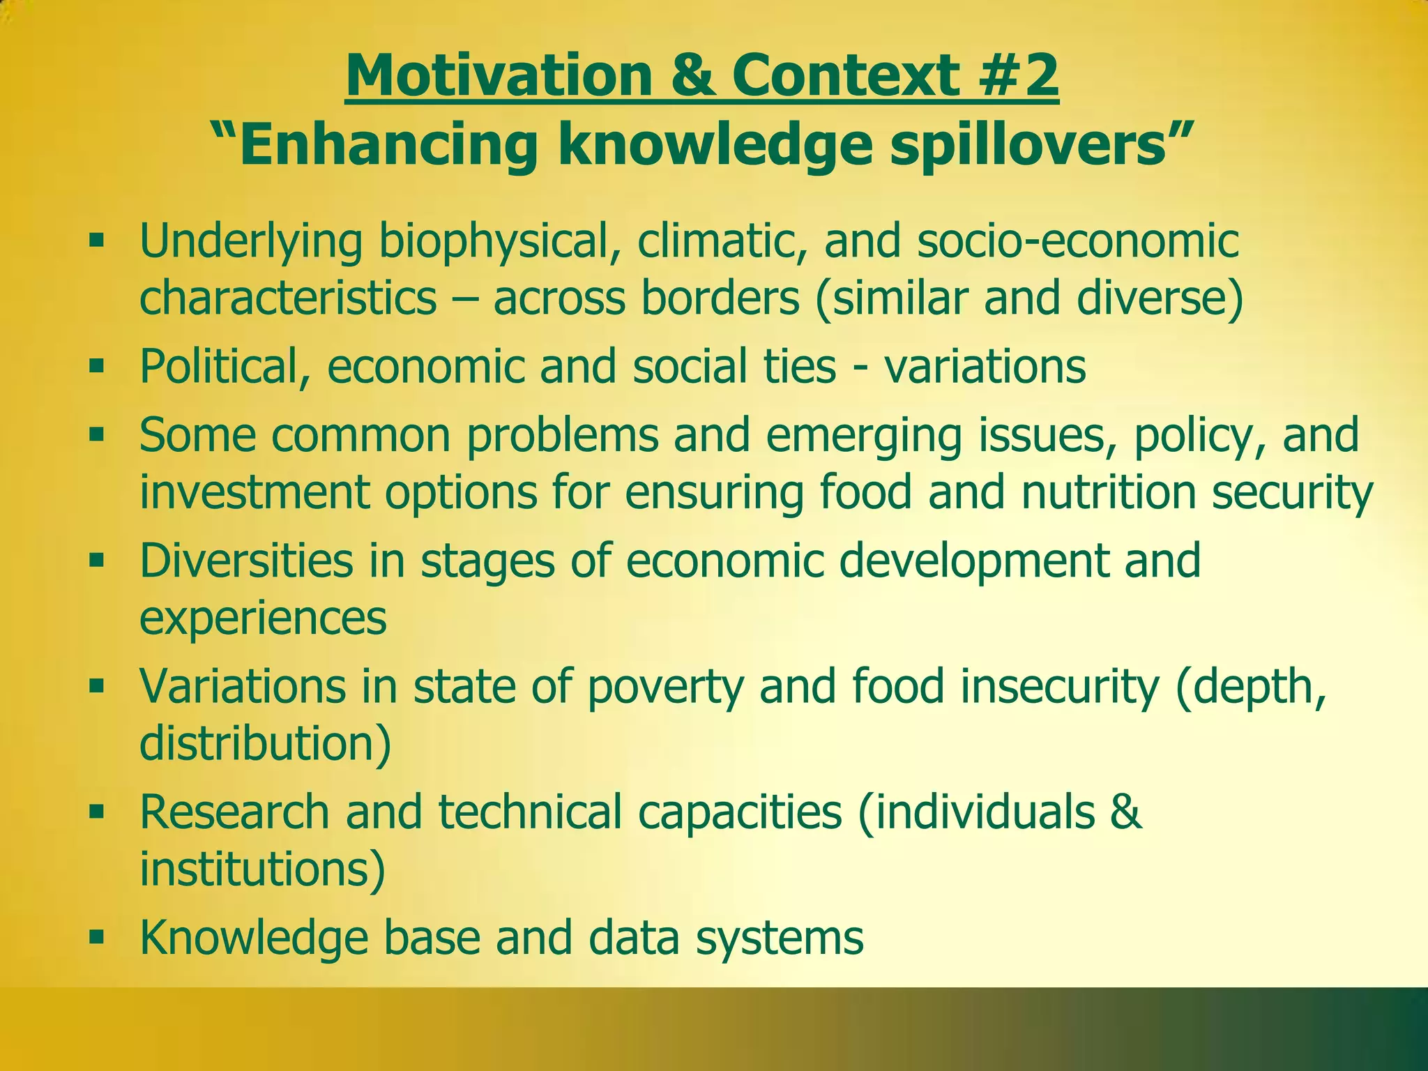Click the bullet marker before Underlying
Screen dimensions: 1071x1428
96,242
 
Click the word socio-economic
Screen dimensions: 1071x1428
1078,241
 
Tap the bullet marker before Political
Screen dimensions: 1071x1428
96,365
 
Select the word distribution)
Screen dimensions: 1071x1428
265,743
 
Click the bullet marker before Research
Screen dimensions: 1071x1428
96,812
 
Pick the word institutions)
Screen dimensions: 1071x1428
262,868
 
